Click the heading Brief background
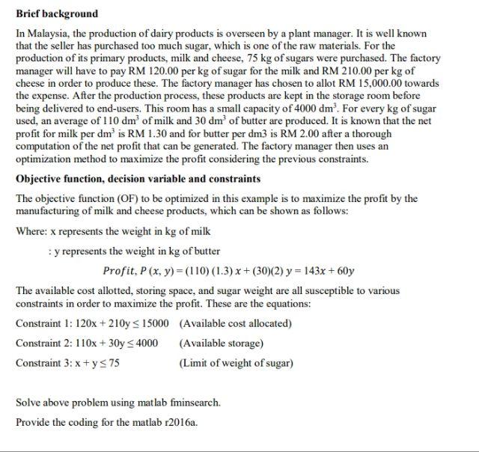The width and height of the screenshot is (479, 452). pyautogui.click(x=56, y=13)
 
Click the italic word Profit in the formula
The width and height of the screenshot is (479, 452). pyautogui.click(x=118, y=270)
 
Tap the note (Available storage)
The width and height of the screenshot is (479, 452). pyautogui.click(x=221, y=343)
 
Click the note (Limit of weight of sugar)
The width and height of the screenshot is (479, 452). pyautogui.click(x=236, y=363)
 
